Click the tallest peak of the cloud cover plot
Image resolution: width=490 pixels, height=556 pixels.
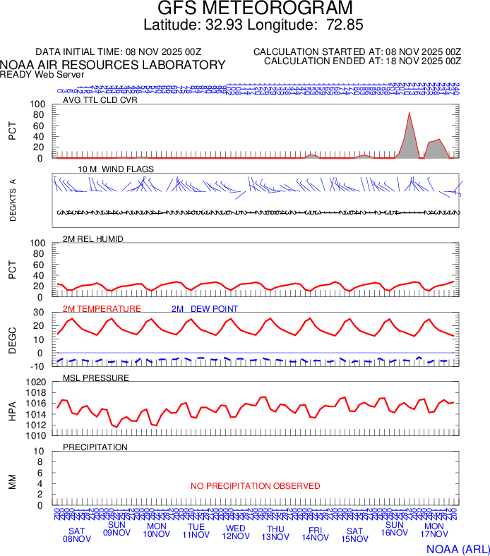(409, 113)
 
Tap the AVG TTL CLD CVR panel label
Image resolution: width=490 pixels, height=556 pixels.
(100, 99)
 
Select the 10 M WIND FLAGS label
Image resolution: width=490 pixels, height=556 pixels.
(115, 169)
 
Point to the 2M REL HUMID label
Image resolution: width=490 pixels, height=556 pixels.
(93, 239)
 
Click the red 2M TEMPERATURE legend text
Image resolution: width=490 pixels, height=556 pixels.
(102, 308)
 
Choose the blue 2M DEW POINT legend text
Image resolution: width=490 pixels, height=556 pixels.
(205, 308)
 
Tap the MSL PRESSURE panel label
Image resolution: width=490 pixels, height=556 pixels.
(96, 378)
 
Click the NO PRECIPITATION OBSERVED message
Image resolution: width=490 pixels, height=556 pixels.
(255, 486)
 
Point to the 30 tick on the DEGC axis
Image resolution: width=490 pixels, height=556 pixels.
(40, 313)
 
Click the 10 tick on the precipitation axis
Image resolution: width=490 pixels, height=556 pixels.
(40, 452)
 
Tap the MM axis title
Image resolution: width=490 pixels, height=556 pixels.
(12, 482)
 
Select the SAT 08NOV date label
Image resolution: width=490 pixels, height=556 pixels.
(77, 534)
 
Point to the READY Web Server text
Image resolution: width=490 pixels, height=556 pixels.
(42, 74)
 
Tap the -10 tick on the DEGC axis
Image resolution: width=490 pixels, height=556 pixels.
(37, 365)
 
